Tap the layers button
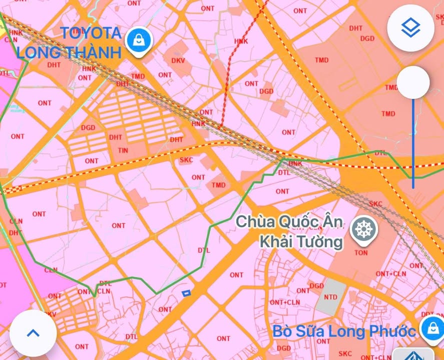(410, 28)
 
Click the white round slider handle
(413, 82)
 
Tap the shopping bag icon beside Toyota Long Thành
(139, 40)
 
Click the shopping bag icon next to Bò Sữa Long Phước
(430, 329)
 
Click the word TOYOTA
(91, 33)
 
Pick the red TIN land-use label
(123, 150)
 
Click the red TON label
(361, 252)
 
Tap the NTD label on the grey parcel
(330, 297)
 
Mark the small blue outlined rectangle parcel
(186, 293)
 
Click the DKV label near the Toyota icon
(178, 60)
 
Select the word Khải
(277, 242)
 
